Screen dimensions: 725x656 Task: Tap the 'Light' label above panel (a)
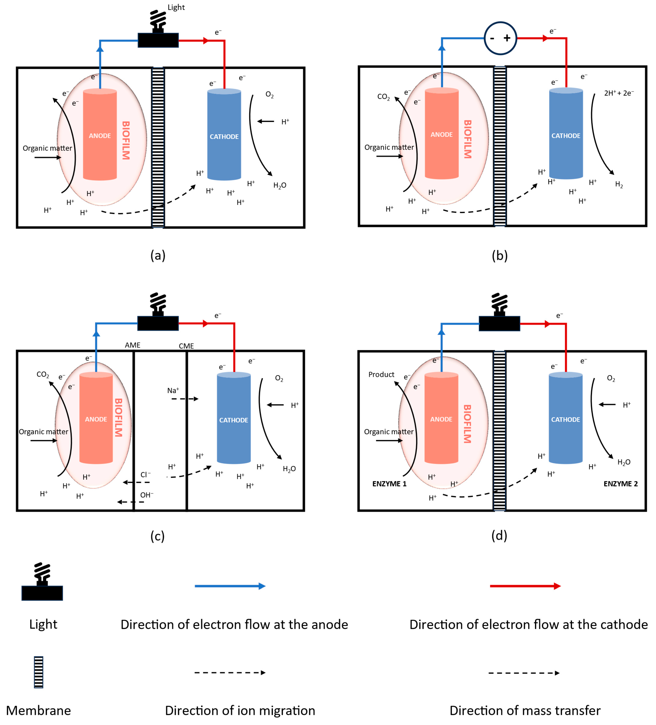176,8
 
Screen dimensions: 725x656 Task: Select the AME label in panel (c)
132,345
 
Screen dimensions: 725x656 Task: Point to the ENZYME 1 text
389,484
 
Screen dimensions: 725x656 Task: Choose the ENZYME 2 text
620,484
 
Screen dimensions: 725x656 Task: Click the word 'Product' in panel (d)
381,374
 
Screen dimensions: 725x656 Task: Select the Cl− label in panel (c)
145,475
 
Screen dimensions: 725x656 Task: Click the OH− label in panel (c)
146,495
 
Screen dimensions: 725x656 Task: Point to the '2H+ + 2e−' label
619,93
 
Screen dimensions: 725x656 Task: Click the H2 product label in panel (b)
619,185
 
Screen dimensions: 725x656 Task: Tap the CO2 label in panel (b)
383,97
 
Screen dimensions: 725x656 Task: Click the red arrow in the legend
525,586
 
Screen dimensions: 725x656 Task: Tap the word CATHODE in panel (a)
224,137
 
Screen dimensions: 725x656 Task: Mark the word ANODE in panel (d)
441,419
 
